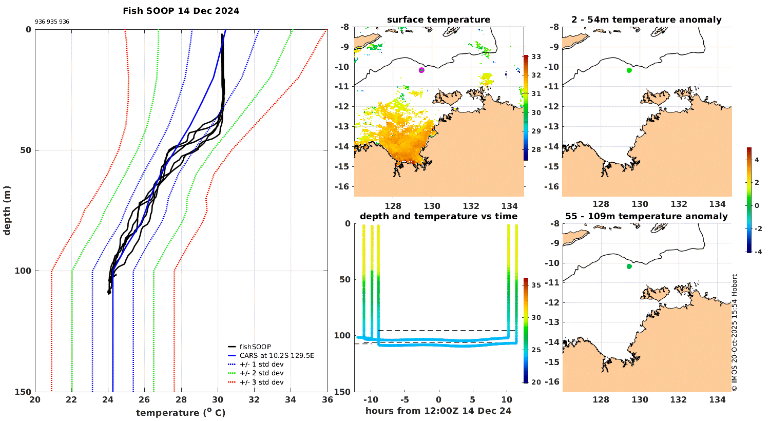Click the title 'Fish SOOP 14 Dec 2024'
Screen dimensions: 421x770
[181, 11]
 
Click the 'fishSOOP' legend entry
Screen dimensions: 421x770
[255, 347]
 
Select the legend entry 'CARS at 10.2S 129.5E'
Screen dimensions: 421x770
[276, 355]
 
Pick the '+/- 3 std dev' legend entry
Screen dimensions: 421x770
[261, 382]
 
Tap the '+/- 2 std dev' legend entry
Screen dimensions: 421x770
[261, 373]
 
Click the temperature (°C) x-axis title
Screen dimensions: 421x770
[181, 413]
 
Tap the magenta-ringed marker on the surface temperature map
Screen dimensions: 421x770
[421, 70]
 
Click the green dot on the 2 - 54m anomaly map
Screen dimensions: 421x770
[629, 70]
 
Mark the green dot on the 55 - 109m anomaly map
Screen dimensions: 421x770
[629, 266]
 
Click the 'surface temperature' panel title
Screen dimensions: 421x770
[438, 20]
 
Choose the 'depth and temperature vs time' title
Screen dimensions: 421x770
[438, 217]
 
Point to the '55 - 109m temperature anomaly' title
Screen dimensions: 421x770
[646, 217]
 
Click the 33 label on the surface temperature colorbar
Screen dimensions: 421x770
[535, 56]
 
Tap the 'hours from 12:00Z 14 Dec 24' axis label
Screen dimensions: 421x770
[438, 411]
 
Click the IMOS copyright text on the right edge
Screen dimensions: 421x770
[735, 333]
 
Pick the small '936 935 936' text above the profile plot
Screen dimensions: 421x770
[52, 22]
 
